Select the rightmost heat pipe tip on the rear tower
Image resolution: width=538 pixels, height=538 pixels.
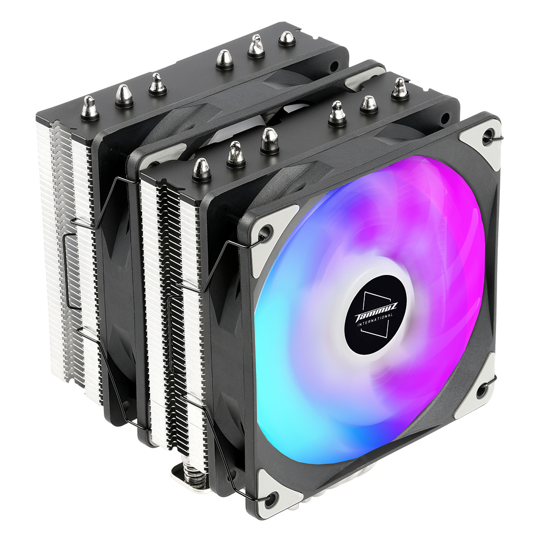tap(286, 38)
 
